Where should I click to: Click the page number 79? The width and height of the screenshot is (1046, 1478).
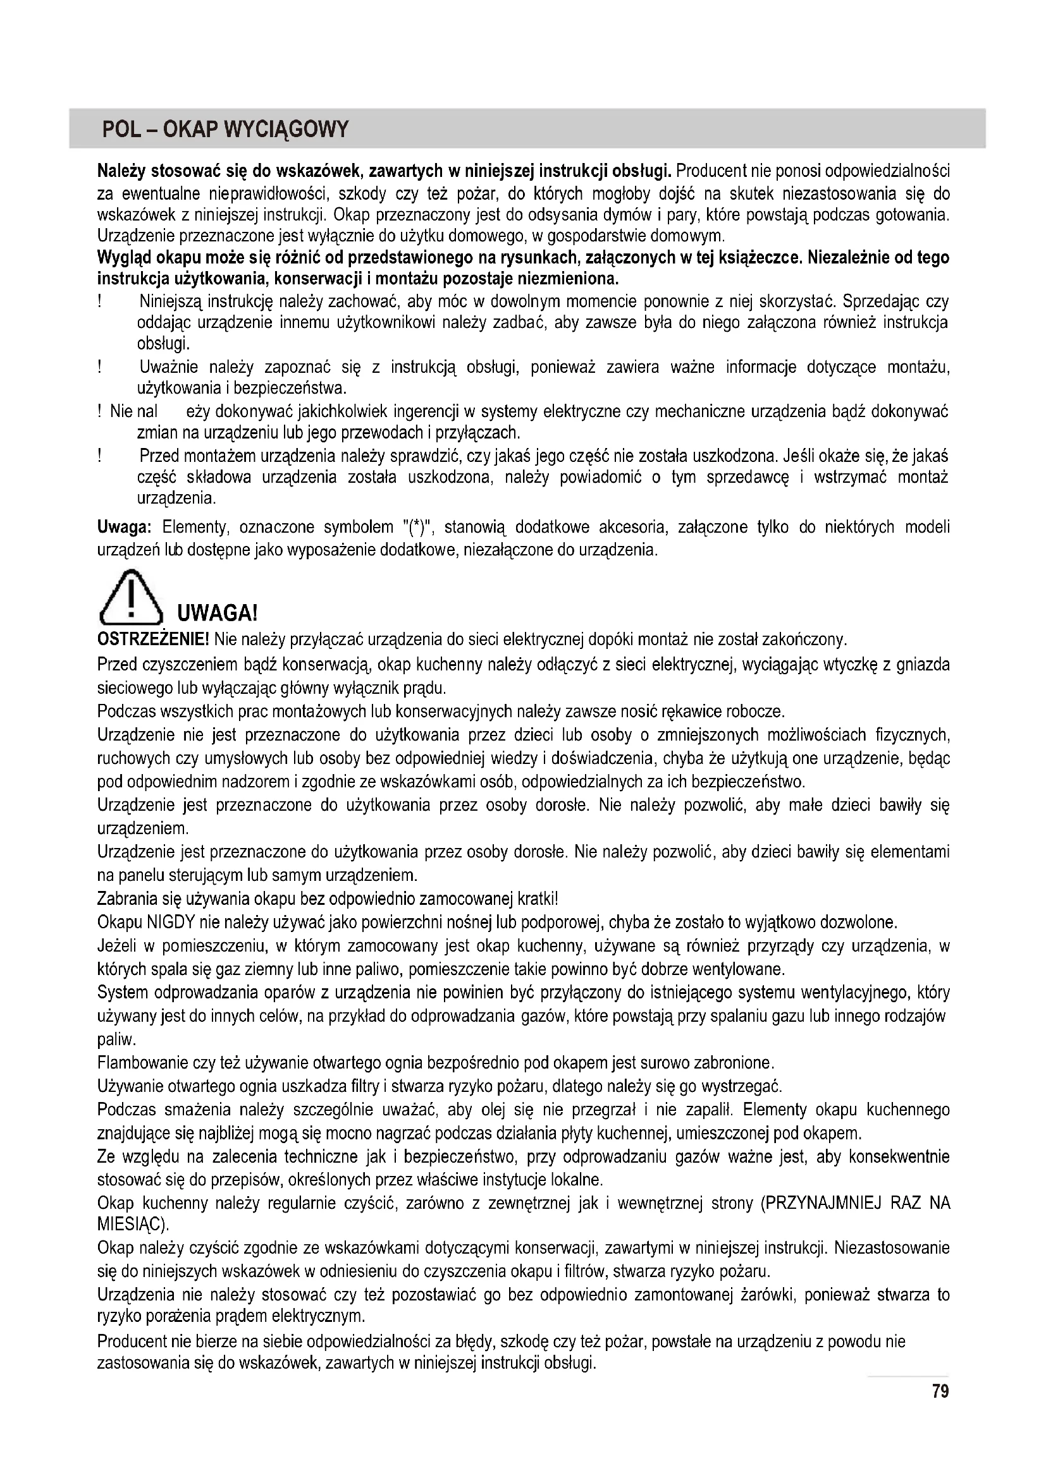point(940,1393)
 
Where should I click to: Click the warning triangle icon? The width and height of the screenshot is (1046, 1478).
point(130,597)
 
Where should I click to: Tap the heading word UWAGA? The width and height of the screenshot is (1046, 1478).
point(217,612)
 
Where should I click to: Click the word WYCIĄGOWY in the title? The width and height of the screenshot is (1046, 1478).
point(286,130)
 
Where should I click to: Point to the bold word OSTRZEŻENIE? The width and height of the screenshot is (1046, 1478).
point(152,639)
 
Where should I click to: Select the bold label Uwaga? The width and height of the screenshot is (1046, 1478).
point(124,527)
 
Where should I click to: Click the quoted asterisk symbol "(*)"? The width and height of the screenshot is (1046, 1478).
point(422,527)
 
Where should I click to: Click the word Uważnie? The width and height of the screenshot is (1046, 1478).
point(169,368)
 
